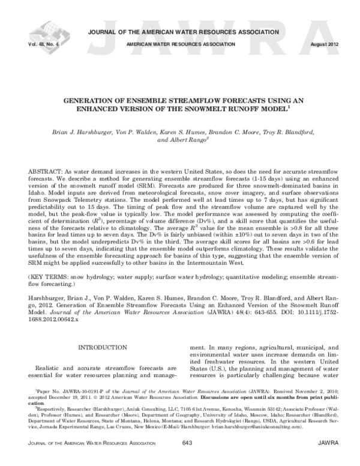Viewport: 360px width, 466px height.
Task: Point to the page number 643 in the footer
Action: click(185, 459)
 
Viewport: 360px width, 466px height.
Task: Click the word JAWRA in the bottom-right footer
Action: click(329, 459)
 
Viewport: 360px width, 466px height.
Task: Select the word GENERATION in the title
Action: click(97, 101)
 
